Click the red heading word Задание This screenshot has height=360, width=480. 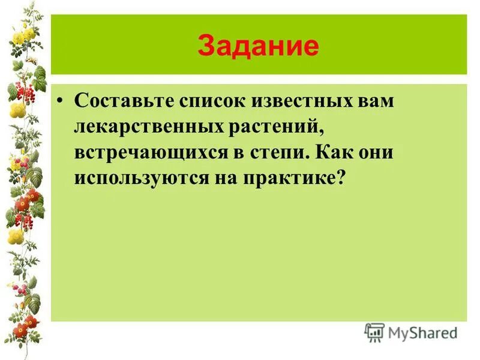[x=258, y=46]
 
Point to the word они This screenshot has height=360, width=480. [x=377, y=152]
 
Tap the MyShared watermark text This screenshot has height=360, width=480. [x=422, y=332]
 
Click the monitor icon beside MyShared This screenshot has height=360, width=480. [x=374, y=332]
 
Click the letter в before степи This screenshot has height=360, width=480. [x=238, y=153]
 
